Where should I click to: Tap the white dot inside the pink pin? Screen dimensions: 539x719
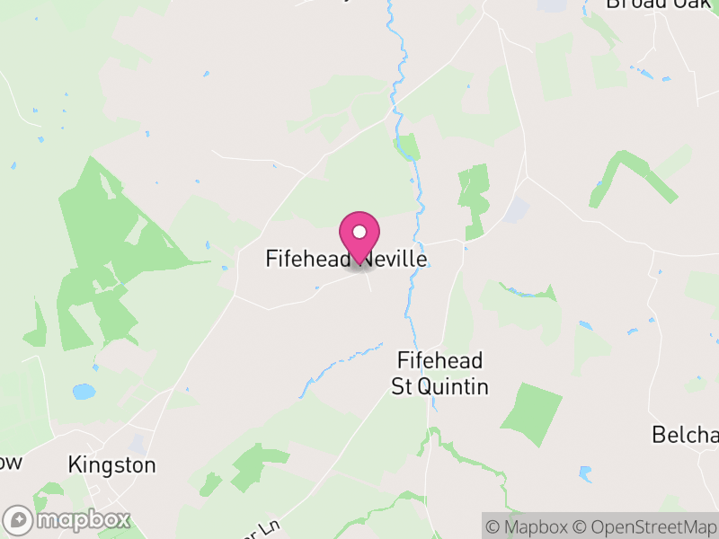(359, 232)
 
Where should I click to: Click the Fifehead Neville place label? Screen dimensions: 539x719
(346, 259)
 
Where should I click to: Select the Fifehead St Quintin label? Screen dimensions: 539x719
(440, 374)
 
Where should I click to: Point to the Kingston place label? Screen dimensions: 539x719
(112, 465)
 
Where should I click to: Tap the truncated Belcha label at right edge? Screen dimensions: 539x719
(685, 436)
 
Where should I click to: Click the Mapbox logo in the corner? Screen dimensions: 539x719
(67, 520)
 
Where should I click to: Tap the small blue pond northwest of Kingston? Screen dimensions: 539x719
(84, 392)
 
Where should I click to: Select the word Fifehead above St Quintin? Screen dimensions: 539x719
(440, 361)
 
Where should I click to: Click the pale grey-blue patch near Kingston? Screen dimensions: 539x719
(137, 444)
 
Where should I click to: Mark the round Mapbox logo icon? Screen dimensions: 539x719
(18, 520)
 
